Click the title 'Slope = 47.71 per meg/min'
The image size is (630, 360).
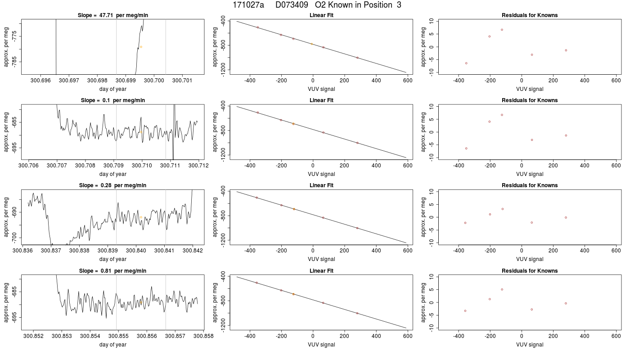pos(113,15)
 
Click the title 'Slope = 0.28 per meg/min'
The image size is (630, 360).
pos(113,185)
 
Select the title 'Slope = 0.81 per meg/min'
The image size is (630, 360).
pos(113,271)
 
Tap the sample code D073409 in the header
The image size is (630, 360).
pos(292,5)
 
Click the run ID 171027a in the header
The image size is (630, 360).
pos(248,5)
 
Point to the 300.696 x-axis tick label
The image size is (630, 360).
pos(41,81)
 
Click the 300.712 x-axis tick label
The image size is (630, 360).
pos(198,166)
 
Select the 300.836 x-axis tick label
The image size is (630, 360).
pos(23,251)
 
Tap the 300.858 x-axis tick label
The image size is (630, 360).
pos(203,336)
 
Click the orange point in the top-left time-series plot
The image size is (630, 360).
pos(141,47)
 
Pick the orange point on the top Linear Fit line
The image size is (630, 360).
pos(311,44)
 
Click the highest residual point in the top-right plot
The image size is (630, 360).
pos(502,30)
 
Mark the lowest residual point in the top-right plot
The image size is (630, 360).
pos(466,63)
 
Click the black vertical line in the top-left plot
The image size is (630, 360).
pos(56,47)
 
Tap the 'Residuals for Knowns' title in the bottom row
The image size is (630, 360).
pos(530,271)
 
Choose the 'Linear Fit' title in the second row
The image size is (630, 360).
pos(321,100)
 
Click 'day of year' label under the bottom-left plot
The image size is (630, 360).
pos(113,345)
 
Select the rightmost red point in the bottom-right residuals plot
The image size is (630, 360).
pos(566,303)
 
